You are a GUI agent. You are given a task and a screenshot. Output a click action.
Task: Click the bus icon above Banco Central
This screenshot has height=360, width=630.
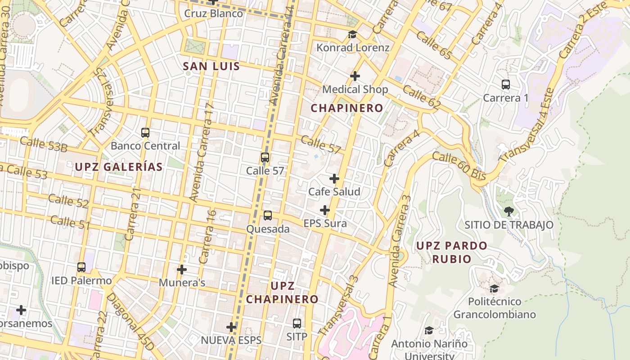(145, 133)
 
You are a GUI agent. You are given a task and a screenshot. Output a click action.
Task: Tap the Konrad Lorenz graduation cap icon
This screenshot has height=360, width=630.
(352, 35)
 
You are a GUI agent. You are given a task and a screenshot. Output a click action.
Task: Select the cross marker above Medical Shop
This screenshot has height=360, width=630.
(355, 76)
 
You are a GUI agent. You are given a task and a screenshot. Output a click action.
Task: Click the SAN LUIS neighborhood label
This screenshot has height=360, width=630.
(211, 66)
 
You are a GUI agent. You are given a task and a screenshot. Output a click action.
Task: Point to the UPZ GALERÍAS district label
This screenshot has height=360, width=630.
(118, 167)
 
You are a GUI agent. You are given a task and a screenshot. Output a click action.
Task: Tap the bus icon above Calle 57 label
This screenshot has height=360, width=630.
(265, 157)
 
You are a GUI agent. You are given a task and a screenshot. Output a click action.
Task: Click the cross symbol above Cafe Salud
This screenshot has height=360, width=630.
(334, 179)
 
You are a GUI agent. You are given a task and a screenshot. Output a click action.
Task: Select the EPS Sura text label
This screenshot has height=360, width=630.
(325, 224)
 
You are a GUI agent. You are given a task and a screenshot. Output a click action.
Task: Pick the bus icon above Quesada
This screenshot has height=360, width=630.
(268, 216)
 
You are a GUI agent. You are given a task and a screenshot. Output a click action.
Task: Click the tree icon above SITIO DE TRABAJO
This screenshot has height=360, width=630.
(508, 211)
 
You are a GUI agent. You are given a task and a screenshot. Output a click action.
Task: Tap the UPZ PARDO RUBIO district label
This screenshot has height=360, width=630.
(451, 252)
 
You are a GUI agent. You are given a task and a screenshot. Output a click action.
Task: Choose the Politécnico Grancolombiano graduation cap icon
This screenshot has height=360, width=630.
(494, 288)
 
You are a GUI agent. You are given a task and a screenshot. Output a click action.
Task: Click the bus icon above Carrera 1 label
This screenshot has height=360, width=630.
(506, 85)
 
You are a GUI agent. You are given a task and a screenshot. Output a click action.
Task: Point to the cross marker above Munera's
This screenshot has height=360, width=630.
(182, 270)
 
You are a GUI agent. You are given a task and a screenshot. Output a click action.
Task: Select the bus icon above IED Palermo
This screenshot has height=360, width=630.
(81, 267)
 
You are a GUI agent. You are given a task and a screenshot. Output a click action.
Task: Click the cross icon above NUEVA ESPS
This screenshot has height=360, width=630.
(231, 327)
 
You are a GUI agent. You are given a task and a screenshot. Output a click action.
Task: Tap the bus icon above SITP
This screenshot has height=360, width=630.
(297, 323)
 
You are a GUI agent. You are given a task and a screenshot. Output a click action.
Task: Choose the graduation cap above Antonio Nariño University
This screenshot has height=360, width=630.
(429, 331)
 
